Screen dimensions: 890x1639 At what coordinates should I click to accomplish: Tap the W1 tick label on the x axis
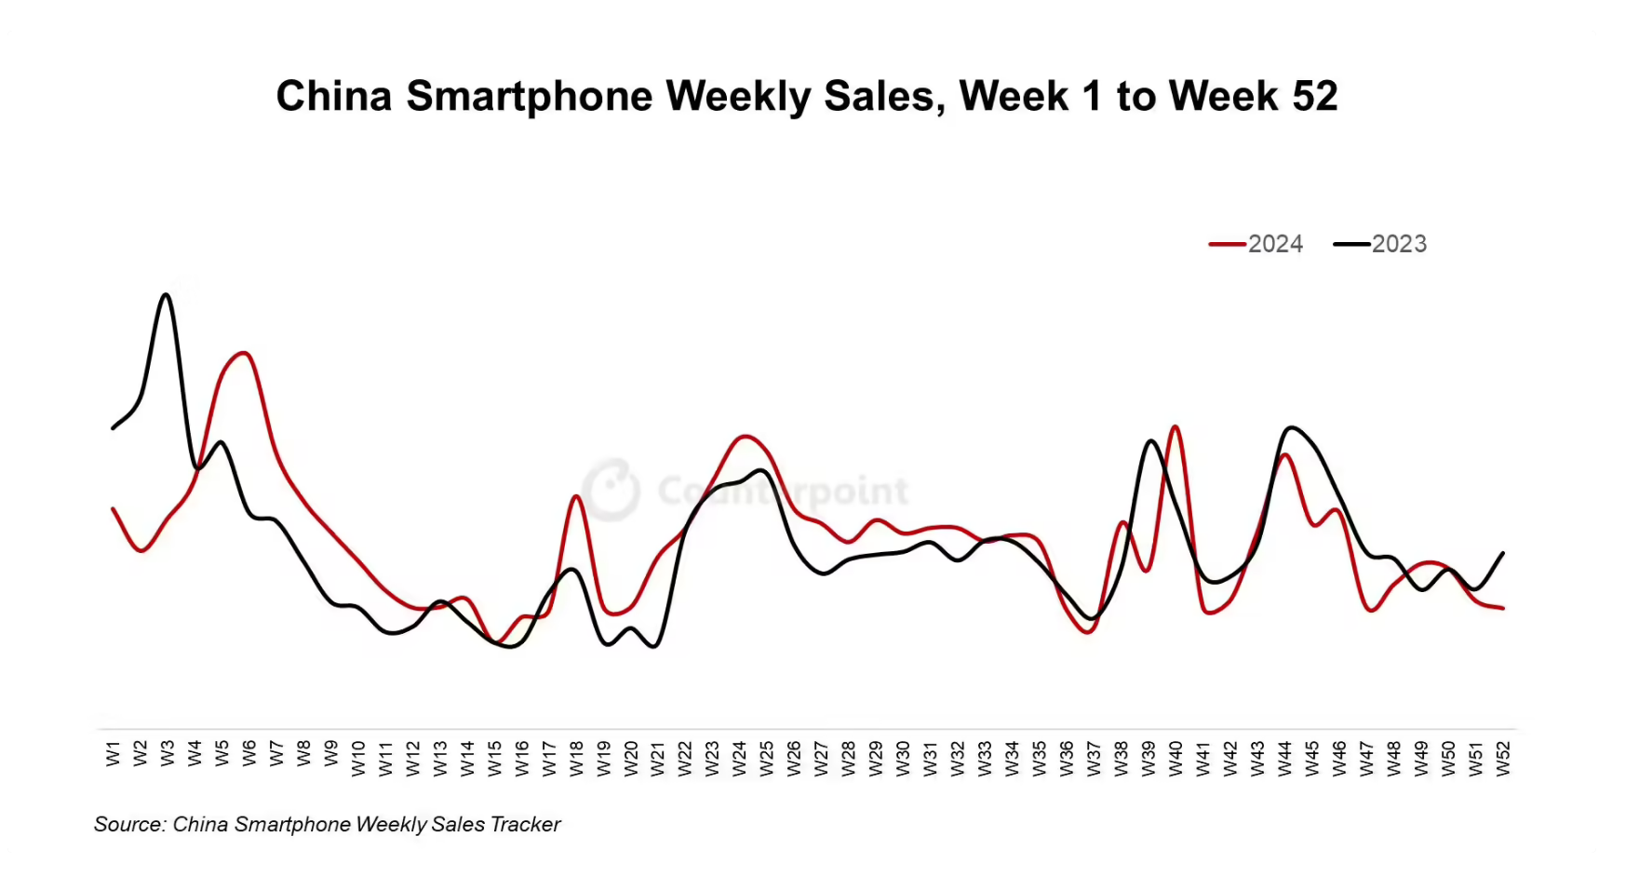(114, 754)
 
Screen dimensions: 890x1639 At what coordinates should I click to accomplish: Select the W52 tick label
(1503, 758)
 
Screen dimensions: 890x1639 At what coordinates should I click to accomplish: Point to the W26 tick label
(794, 758)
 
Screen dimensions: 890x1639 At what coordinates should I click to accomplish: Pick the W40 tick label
(1176, 758)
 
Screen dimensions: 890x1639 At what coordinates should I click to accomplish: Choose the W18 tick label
(576, 758)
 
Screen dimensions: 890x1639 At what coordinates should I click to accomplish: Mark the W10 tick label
(358, 758)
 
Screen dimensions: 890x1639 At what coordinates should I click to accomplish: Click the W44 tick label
(1285, 758)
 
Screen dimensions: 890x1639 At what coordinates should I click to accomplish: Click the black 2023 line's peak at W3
(167, 295)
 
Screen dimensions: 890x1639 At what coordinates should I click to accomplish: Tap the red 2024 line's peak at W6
(245, 353)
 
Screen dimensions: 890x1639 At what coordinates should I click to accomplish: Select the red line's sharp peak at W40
(1176, 427)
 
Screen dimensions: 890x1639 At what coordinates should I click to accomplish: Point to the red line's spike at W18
(576, 496)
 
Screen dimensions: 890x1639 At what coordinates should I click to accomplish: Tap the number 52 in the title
(1314, 96)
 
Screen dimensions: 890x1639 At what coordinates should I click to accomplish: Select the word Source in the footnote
(127, 825)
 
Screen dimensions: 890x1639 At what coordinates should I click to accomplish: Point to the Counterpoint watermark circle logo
(611, 489)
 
